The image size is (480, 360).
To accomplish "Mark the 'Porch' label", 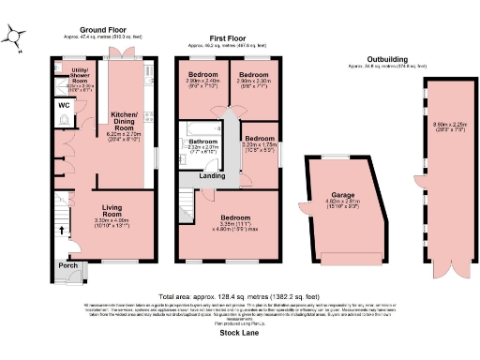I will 68,264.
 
